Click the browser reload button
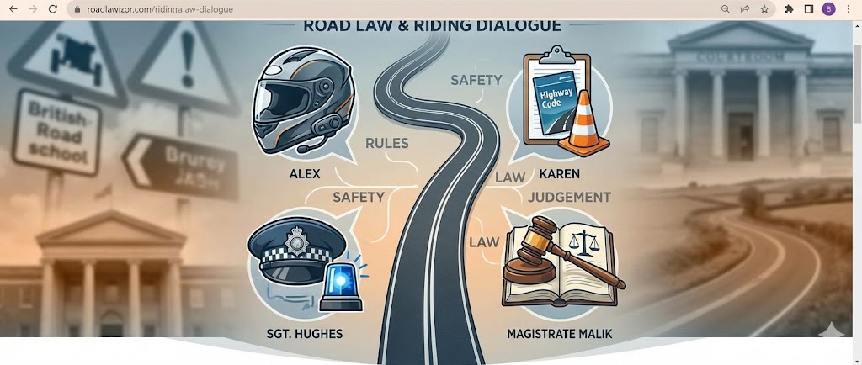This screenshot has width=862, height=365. pyautogui.click(x=53, y=9)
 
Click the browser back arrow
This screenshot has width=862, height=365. pyautogui.click(x=13, y=9)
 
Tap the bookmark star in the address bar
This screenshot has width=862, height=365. pyautogui.click(x=764, y=9)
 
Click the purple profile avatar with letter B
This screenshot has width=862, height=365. pyautogui.click(x=828, y=9)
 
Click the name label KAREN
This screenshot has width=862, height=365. pyautogui.click(x=557, y=177)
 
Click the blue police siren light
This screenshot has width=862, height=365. pyautogui.click(x=343, y=284)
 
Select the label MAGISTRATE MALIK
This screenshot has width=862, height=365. pyautogui.click(x=560, y=334)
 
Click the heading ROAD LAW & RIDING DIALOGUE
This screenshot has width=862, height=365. pyautogui.click(x=430, y=26)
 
